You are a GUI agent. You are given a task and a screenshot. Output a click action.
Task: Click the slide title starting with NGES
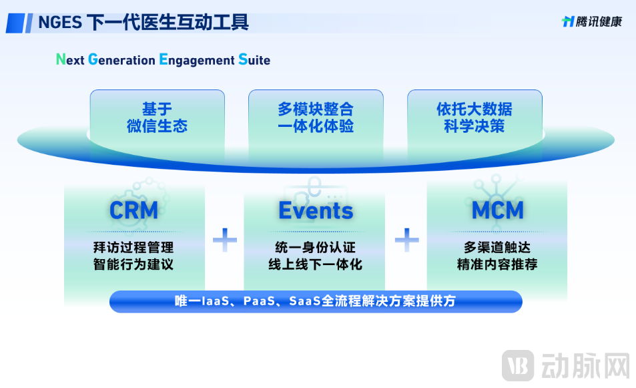click(143, 22)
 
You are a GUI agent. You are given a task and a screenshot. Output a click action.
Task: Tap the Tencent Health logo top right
click(591, 21)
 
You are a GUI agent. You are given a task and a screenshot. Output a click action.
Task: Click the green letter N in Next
click(61, 59)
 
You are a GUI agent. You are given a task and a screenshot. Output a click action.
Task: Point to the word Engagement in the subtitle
click(196, 59)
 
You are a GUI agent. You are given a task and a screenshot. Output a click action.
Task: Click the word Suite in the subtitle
click(254, 59)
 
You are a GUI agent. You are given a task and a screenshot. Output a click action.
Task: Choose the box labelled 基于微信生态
click(157, 118)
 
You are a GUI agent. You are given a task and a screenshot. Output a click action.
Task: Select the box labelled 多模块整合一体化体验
click(316, 118)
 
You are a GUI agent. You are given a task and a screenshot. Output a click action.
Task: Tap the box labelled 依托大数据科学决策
click(474, 118)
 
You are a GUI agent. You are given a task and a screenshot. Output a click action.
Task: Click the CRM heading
click(134, 210)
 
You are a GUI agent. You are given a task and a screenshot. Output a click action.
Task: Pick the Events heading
click(316, 210)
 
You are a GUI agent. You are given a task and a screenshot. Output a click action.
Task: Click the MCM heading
click(497, 210)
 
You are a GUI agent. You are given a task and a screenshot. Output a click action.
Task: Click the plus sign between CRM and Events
click(225, 239)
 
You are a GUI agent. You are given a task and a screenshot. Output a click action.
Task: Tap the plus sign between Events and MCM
click(406, 239)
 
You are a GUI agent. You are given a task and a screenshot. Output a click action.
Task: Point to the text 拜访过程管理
click(133, 248)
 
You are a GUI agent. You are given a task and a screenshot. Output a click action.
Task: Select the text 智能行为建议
click(133, 264)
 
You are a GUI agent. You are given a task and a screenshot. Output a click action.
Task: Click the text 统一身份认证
click(316, 248)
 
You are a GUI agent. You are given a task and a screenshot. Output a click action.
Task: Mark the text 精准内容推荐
click(497, 264)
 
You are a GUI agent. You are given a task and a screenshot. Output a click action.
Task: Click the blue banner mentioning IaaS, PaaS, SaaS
click(316, 301)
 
